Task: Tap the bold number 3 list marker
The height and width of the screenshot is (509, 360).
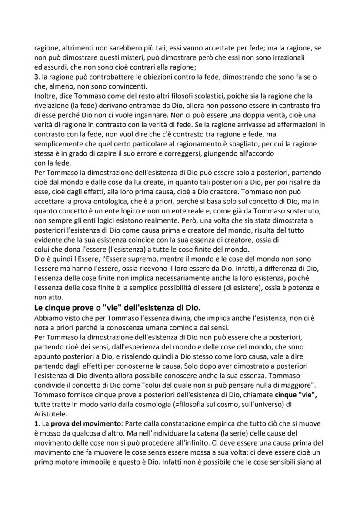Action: tap(36, 77)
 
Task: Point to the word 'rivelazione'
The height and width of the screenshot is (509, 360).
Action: tap(52, 105)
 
